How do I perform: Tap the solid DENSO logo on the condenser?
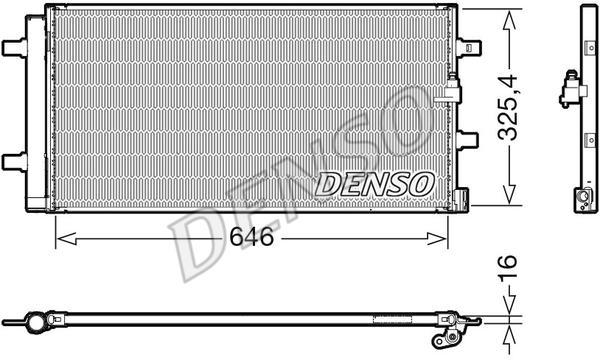pos(375,183)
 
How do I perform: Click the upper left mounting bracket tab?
pos(14,46)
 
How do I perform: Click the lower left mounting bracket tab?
pos(14,161)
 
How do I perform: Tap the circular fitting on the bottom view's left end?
pos(35,322)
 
